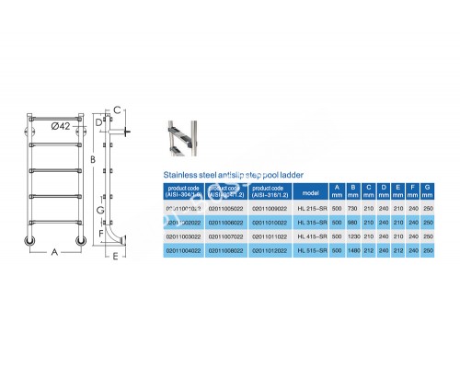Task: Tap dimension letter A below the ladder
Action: tap(54, 250)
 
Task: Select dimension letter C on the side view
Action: tap(117, 110)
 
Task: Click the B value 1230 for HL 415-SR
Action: tap(351, 236)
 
